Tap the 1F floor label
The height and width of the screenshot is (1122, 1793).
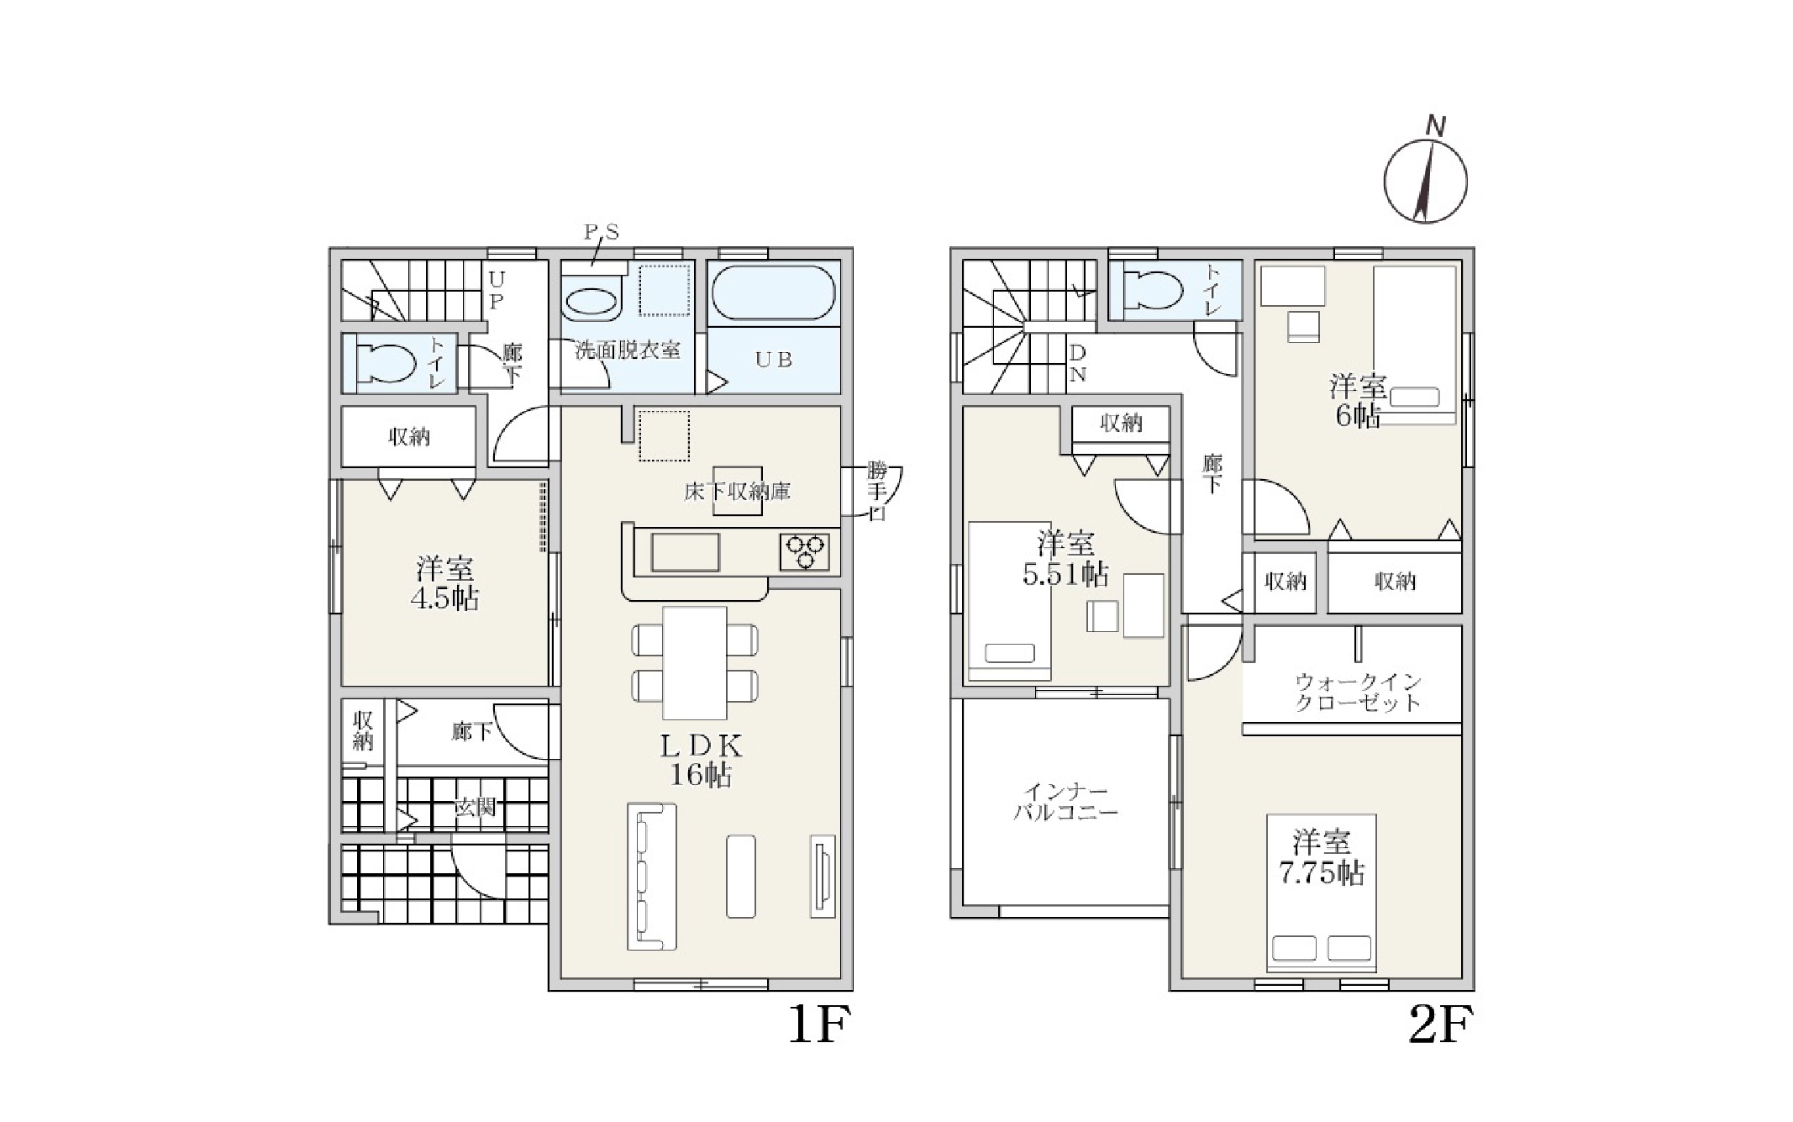coord(819,1025)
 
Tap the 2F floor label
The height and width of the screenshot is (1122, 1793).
coord(1440,1025)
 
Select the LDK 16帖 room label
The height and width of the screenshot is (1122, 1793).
coord(701,760)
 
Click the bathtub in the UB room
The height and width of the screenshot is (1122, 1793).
coord(774,292)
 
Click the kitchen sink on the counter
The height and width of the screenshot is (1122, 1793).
coord(685,552)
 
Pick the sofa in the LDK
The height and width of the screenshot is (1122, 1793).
coord(652,877)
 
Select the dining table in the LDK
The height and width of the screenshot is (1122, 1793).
coord(695,663)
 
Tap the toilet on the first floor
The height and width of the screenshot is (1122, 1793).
coord(386,364)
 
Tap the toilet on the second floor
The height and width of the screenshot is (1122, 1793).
coord(1153,290)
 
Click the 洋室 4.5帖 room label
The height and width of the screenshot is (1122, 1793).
coord(444,583)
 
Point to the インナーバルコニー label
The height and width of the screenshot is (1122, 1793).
coord(1065,803)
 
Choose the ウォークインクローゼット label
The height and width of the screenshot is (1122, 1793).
coord(1358,693)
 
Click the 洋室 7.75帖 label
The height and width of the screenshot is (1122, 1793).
coord(1322,857)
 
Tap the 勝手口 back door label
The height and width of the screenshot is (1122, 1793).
coord(876,490)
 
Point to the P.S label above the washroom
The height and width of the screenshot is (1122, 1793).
coord(602,232)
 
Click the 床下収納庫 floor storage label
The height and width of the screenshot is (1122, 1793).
coord(737,491)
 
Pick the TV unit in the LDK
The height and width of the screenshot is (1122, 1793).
coord(823,876)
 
